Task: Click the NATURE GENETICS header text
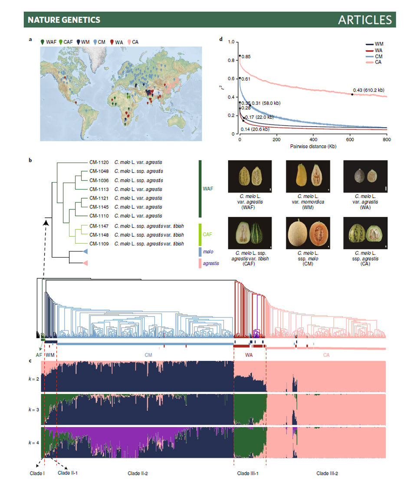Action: click(x=63, y=20)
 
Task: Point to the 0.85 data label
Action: click(x=246, y=57)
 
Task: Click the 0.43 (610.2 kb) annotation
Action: click(x=369, y=90)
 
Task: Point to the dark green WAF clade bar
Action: click(x=200, y=189)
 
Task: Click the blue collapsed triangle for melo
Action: click(x=85, y=252)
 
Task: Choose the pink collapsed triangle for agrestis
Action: click(x=85, y=263)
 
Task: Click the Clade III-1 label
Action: click(x=248, y=473)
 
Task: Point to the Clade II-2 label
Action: click(x=138, y=473)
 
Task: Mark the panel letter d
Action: click(x=221, y=39)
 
